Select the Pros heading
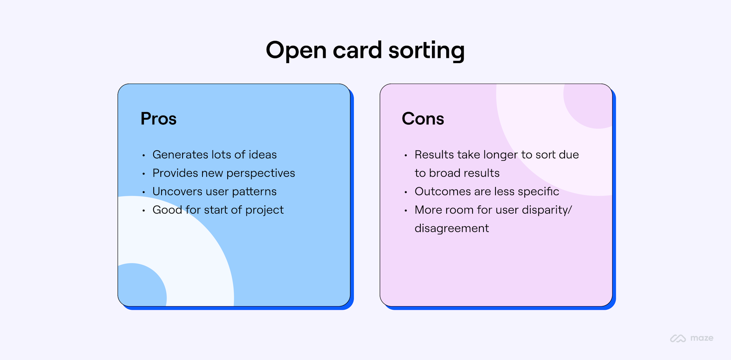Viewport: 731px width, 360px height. [159, 119]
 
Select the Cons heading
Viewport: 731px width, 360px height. [423, 119]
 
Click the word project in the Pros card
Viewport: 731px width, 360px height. [264, 210]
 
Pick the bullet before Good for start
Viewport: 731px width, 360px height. [143, 211]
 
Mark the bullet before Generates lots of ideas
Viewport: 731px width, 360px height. [143, 155]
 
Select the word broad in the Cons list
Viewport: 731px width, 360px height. [445, 173]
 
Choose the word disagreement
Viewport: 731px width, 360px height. [452, 228]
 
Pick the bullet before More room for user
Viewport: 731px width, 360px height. [406, 211]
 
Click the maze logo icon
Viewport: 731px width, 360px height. [678, 338]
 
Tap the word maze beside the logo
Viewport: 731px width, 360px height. [702, 338]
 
